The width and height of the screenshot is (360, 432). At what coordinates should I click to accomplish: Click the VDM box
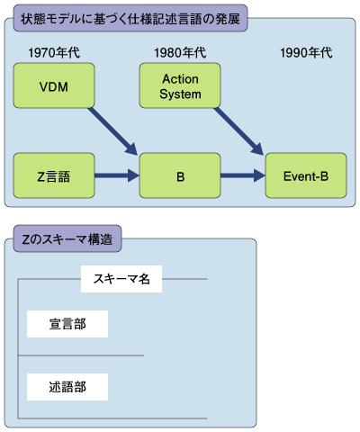point(54,85)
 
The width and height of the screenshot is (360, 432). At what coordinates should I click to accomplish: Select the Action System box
point(180,85)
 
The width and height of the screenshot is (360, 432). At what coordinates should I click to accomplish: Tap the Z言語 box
point(54,175)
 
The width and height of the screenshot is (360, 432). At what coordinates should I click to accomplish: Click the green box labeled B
point(180,175)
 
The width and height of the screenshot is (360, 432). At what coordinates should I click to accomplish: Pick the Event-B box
point(306,175)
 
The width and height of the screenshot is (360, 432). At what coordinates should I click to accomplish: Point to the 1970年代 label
point(54,53)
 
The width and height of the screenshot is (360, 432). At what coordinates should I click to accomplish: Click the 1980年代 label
point(180,53)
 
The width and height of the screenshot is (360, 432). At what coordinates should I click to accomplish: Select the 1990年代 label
point(306,53)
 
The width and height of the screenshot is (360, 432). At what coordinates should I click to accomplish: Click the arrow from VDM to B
point(112,131)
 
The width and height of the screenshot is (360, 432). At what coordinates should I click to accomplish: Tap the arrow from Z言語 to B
point(117,175)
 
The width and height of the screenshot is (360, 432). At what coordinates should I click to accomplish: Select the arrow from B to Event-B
point(243,175)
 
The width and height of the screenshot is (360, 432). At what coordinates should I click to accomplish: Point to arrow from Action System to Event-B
point(238,131)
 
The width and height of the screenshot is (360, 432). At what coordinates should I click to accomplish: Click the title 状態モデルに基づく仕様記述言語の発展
point(130,19)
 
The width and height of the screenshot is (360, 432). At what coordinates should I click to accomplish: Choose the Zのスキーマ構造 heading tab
point(67,238)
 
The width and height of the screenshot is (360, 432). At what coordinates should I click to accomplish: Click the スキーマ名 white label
point(121,279)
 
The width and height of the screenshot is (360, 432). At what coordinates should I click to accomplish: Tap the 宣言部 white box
point(67,324)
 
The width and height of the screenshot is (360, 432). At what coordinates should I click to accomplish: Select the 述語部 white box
point(67,387)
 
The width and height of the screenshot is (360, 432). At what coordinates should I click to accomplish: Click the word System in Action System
point(180,94)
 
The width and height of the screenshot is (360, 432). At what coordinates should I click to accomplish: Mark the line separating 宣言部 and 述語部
point(81,355)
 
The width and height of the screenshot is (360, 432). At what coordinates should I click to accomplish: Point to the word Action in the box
point(180,79)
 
